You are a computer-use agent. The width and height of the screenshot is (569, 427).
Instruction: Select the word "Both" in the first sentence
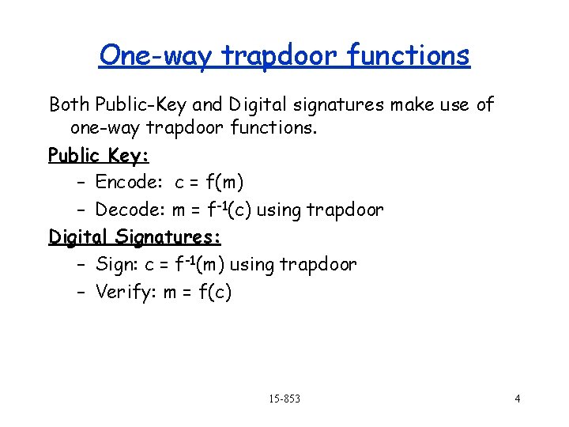pyautogui.click(x=69, y=104)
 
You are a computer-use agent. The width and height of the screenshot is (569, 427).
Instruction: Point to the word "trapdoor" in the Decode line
pyautogui.click(x=345, y=210)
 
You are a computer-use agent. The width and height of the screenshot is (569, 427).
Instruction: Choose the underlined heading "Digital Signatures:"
pyautogui.click(x=134, y=236)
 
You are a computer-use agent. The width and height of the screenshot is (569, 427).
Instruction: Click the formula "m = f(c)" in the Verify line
pyautogui.click(x=198, y=292)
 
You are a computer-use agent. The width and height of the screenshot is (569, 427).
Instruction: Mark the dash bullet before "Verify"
pyautogui.click(x=83, y=292)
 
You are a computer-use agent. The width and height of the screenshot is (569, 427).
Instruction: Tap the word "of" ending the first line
pyautogui.click(x=484, y=104)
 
